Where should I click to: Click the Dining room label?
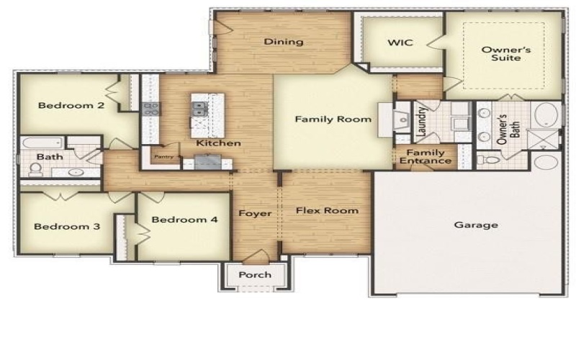click(x=283, y=42)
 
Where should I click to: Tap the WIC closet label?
click(x=400, y=42)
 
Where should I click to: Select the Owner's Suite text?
click(x=500, y=53)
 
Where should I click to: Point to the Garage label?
click(x=476, y=225)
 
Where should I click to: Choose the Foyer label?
click(x=256, y=214)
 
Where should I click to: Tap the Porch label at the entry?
click(x=255, y=274)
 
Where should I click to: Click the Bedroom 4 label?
click(x=185, y=220)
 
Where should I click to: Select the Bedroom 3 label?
click(x=67, y=227)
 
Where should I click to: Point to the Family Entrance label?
click(x=426, y=156)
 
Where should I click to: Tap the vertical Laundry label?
click(x=422, y=120)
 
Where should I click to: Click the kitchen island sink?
click(x=199, y=109)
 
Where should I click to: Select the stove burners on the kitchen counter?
click(x=151, y=109)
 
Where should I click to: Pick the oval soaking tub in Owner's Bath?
click(x=546, y=115)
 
